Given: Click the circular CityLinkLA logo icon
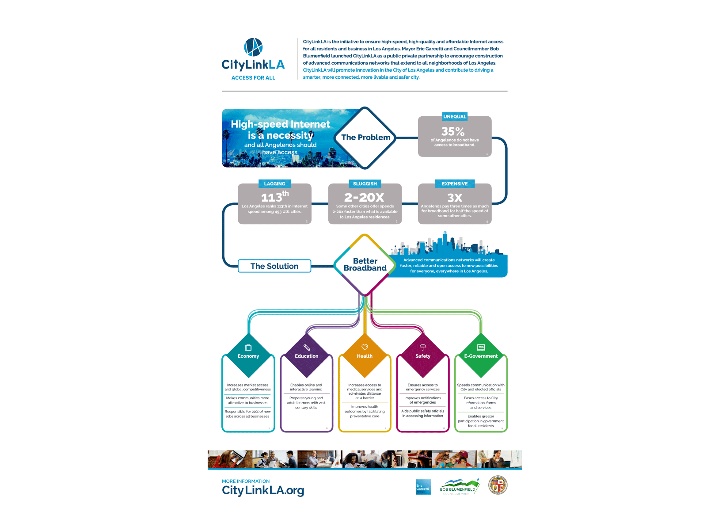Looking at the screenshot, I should pos(253,47).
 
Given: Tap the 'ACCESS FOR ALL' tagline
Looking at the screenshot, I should pos(253,78).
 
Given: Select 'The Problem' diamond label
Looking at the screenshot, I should pos(366,137).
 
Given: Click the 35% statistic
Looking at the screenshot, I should pos(453,131).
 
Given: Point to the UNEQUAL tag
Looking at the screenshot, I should pos(455,117).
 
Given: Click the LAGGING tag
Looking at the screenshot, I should pos(274,183).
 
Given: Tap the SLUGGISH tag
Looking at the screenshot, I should pos(365,183).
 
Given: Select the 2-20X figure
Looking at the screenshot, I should pos(365,197).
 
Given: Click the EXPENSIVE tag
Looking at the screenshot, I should pos(455,183).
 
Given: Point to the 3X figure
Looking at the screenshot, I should pos(455,198).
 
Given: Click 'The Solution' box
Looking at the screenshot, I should pos(274,266).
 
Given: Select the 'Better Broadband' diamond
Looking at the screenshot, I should pos(365,265).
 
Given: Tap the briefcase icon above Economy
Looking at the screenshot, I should pos(248,348).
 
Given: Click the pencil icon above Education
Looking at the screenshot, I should pos(307,348).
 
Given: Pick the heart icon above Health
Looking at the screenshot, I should pos(365,347).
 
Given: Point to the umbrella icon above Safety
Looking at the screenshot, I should pos(423,348).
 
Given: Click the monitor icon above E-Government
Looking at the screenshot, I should pos(481,348).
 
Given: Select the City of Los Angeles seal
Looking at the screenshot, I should pos(498,485).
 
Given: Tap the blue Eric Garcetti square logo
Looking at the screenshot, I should pos(423,487).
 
